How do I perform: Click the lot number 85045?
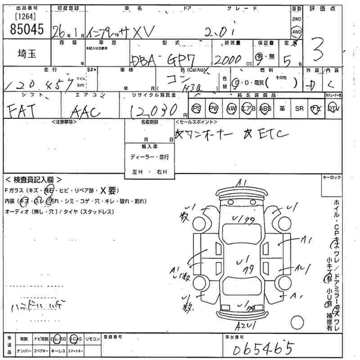pyautogui.click(x=26, y=29)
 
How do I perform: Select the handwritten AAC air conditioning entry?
pyautogui.click(x=86, y=111)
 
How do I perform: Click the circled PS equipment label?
pyautogui.click(x=197, y=108)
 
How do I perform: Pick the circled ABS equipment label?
pyautogui.click(x=266, y=108)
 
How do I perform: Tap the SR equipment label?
pyautogui.click(x=299, y=108)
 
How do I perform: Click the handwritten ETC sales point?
pyautogui.click(x=270, y=134)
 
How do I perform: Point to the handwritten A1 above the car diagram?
pyautogui.click(x=242, y=182)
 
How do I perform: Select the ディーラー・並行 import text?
pyautogui.click(x=149, y=157)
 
